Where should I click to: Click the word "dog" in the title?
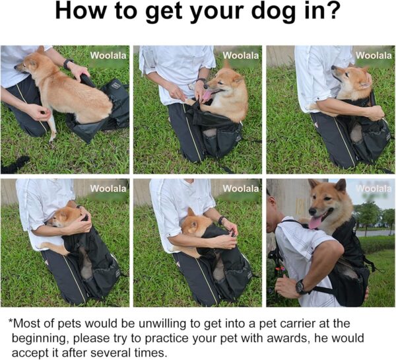pyautogui.click(x=273, y=12)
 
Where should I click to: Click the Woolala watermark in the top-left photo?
pyautogui.click(x=108, y=55)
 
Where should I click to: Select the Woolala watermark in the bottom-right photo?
pyautogui.click(x=374, y=188)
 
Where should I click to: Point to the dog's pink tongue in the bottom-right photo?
pyautogui.click(x=314, y=223)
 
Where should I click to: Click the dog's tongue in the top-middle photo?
pyautogui.click(x=207, y=96)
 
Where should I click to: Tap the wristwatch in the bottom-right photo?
pyautogui.click(x=301, y=287)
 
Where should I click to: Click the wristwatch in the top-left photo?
pyautogui.click(x=67, y=63)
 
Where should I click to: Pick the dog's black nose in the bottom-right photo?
pyautogui.click(x=312, y=211)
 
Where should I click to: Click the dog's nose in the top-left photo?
pyautogui.click(x=16, y=67)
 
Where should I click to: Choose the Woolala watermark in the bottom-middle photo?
pyautogui.click(x=241, y=188)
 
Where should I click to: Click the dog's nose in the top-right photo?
pyautogui.click(x=333, y=67)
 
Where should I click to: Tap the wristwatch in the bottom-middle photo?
pyautogui.click(x=222, y=221)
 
